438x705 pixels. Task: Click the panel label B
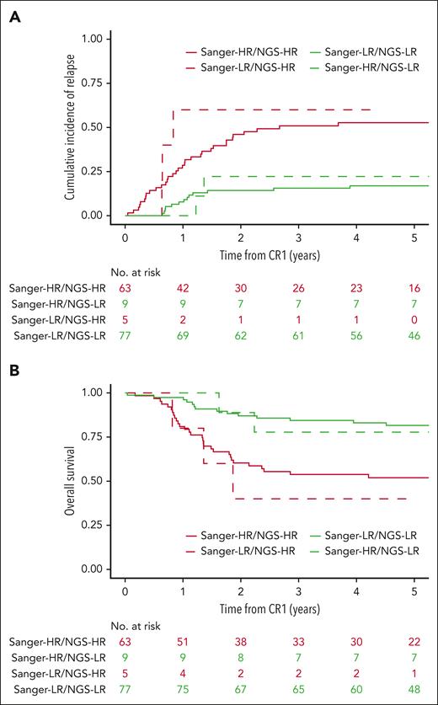click(15, 370)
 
